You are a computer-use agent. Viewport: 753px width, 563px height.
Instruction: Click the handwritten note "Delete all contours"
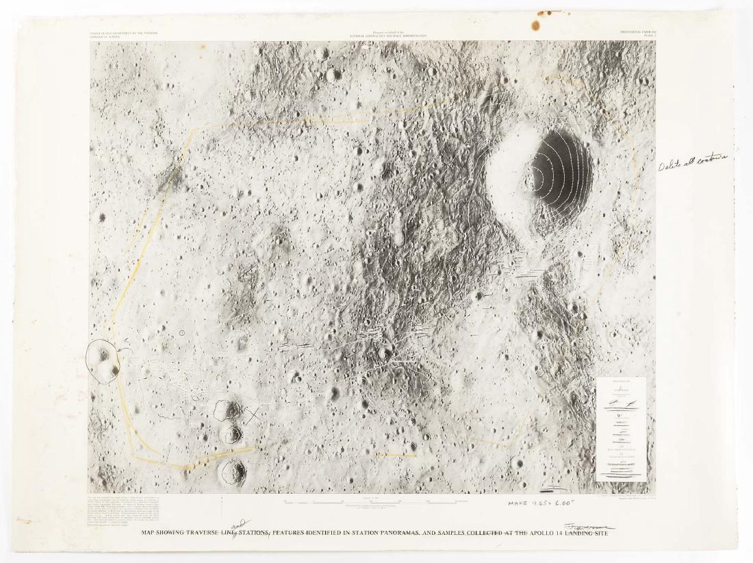[x=692, y=162]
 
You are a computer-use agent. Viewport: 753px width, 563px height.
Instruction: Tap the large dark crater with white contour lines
[x=559, y=174]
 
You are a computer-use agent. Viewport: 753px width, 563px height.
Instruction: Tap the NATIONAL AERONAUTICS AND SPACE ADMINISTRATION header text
[x=388, y=34]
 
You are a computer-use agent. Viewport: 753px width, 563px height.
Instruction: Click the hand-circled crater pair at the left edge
[x=103, y=362]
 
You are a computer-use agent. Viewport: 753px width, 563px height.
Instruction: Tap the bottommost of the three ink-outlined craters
[x=233, y=471]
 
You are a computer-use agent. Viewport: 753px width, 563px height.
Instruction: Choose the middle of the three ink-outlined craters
[x=231, y=433]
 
